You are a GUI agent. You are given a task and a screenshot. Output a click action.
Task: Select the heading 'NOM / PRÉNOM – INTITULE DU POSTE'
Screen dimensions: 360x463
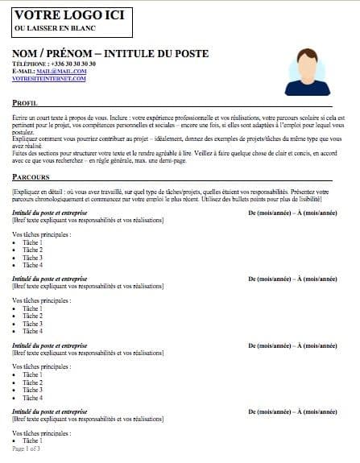tap(110, 53)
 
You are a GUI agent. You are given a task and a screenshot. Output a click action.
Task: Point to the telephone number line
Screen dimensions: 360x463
tap(54, 63)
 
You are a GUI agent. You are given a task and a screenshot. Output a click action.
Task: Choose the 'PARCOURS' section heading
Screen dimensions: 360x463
tap(31, 177)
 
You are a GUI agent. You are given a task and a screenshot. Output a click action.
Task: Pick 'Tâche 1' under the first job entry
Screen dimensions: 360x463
tap(32, 242)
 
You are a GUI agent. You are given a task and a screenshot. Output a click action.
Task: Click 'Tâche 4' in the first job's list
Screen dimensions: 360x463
tap(32, 265)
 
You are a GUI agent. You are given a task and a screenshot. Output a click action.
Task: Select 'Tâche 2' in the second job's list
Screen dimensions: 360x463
tap(32, 316)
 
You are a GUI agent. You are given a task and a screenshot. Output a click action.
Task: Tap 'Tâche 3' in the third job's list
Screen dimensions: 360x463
tap(32, 390)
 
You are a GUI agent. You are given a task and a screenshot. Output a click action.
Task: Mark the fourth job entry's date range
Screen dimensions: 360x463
tap(293, 411)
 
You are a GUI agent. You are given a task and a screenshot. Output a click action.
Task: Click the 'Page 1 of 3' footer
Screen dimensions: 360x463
tap(27, 449)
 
